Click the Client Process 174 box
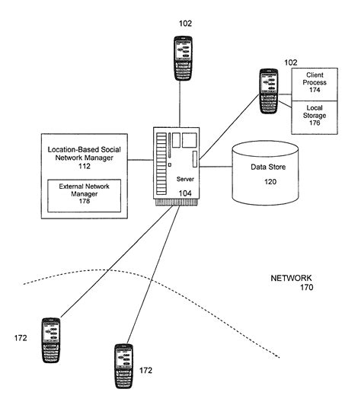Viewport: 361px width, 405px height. click(x=315, y=82)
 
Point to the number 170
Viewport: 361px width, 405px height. click(x=305, y=289)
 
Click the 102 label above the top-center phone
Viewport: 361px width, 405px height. click(x=185, y=22)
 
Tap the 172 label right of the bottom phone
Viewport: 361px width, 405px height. click(x=146, y=371)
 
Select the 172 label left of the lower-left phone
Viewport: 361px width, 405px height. click(x=21, y=336)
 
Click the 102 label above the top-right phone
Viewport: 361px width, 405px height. click(x=291, y=62)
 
